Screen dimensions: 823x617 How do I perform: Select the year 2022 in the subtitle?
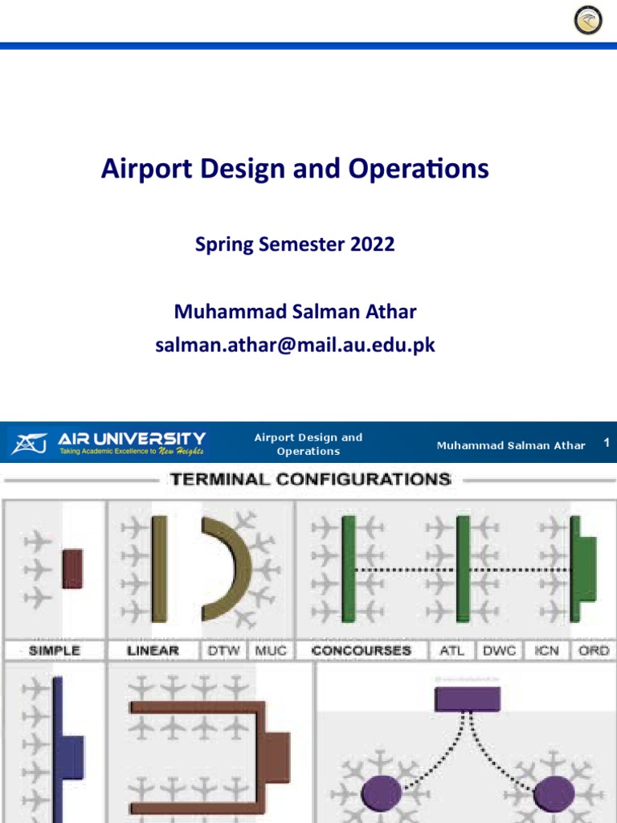point(372,244)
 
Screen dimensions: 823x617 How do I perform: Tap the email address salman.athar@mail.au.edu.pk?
point(295,346)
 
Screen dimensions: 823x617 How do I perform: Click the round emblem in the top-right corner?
point(588,20)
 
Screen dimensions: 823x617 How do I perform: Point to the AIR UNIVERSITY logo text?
point(131,439)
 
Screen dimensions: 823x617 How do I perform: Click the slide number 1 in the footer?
point(607,443)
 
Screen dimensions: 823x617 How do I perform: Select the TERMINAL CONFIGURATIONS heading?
point(309,480)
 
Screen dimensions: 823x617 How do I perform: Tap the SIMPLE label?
point(55,650)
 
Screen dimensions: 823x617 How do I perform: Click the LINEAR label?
point(153,650)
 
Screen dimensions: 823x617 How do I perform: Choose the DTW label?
point(223,650)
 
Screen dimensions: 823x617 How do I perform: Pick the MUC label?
point(270,650)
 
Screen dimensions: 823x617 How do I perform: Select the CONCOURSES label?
point(361,650)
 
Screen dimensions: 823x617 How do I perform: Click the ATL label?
point(452,650)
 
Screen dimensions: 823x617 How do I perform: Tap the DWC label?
point(500,650)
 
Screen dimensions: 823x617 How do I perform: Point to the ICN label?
point(546,650)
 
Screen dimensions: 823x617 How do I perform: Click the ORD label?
point(594,650)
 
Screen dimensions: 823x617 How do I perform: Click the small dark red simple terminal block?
point(72,568)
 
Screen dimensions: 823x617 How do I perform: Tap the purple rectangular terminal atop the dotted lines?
point(468,699)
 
